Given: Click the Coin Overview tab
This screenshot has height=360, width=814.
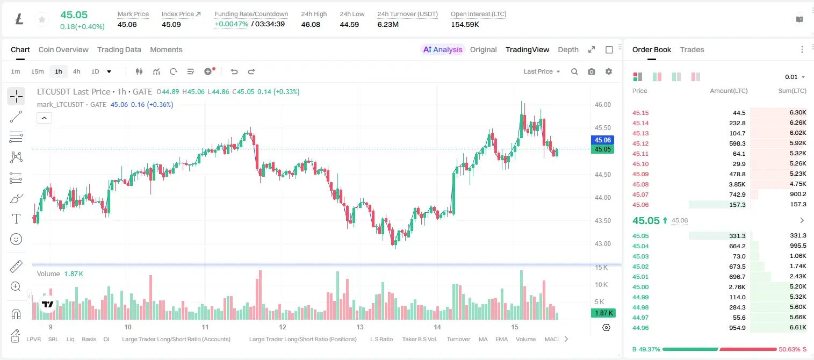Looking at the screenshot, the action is pyautogui.click(x=63, y=49).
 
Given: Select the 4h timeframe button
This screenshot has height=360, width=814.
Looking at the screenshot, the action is pyautogui.click(x=76, y=71).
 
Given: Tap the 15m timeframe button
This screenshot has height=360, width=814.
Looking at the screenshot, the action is pyautogui.click(x=38, y=71).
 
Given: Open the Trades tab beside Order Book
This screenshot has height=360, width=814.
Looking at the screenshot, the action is pyautogui.click(x=692, y=49).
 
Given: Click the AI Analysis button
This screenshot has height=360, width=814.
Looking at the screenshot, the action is pyautogui.click(x=443, y=49).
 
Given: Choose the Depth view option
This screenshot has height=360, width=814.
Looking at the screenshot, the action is pyautogui.click(x=568, y=49).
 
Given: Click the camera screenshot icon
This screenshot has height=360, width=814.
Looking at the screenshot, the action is pyautogui.click(x=592, y=71).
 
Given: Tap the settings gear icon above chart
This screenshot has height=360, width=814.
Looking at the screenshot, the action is pyautogui.click(x=609, y=71).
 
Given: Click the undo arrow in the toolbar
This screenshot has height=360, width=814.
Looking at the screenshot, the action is pyautogui.click(x=234, y=71).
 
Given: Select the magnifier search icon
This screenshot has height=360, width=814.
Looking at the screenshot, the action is pyautogui.click(x=574, y=71).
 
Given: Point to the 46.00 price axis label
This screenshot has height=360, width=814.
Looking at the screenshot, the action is pyautogui.click(x=603, y=105).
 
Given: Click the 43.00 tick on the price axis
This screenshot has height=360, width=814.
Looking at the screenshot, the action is pyautogui.click(x=603, y=244).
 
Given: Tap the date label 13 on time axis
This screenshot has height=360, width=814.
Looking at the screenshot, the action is pyautogui.click(x=360, y=327).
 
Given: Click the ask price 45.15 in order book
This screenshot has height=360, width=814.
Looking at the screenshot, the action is pyautogui.click(x=640, y=113).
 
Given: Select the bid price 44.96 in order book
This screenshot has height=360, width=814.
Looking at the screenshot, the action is pyautogui.click(x=640, y=328).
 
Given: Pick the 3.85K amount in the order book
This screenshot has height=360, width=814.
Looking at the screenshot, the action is pyautogui.click(x=737, y=184).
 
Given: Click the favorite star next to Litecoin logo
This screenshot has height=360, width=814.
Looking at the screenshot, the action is pyautogui.click(x=42, y=19).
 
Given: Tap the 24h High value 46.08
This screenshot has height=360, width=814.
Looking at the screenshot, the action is pyautogui.click(x=311, y=24).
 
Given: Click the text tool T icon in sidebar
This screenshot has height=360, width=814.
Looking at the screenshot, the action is pyautogui.click(x=16, y=219).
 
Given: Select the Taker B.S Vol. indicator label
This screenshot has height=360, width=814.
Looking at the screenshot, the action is pyautogui.click(x=419, y=339).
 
